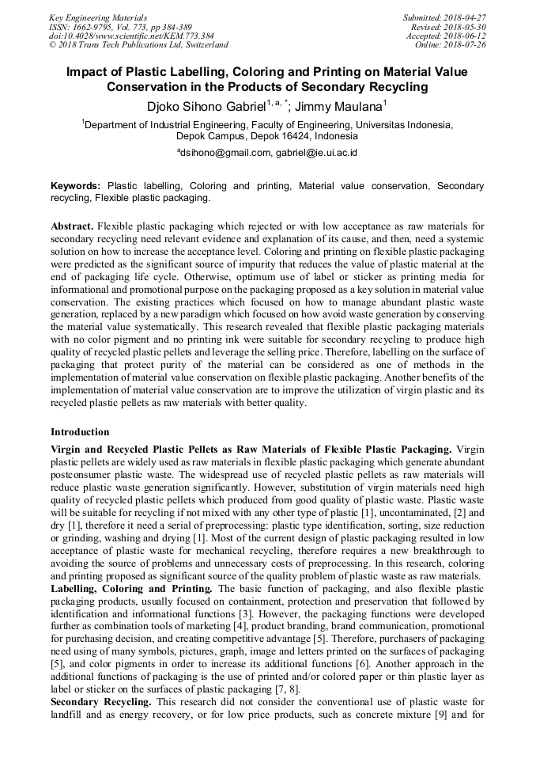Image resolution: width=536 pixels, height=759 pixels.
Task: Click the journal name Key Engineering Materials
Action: [97, 17]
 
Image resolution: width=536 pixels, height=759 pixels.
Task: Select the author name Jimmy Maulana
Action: [342, 105]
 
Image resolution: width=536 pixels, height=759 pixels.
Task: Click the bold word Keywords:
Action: [76, 186]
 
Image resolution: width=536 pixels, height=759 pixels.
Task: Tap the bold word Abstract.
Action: [72, 226]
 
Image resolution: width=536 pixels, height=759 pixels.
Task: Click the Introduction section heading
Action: [80, 432]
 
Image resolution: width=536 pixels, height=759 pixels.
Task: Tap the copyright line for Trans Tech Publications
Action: [138, 45]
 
